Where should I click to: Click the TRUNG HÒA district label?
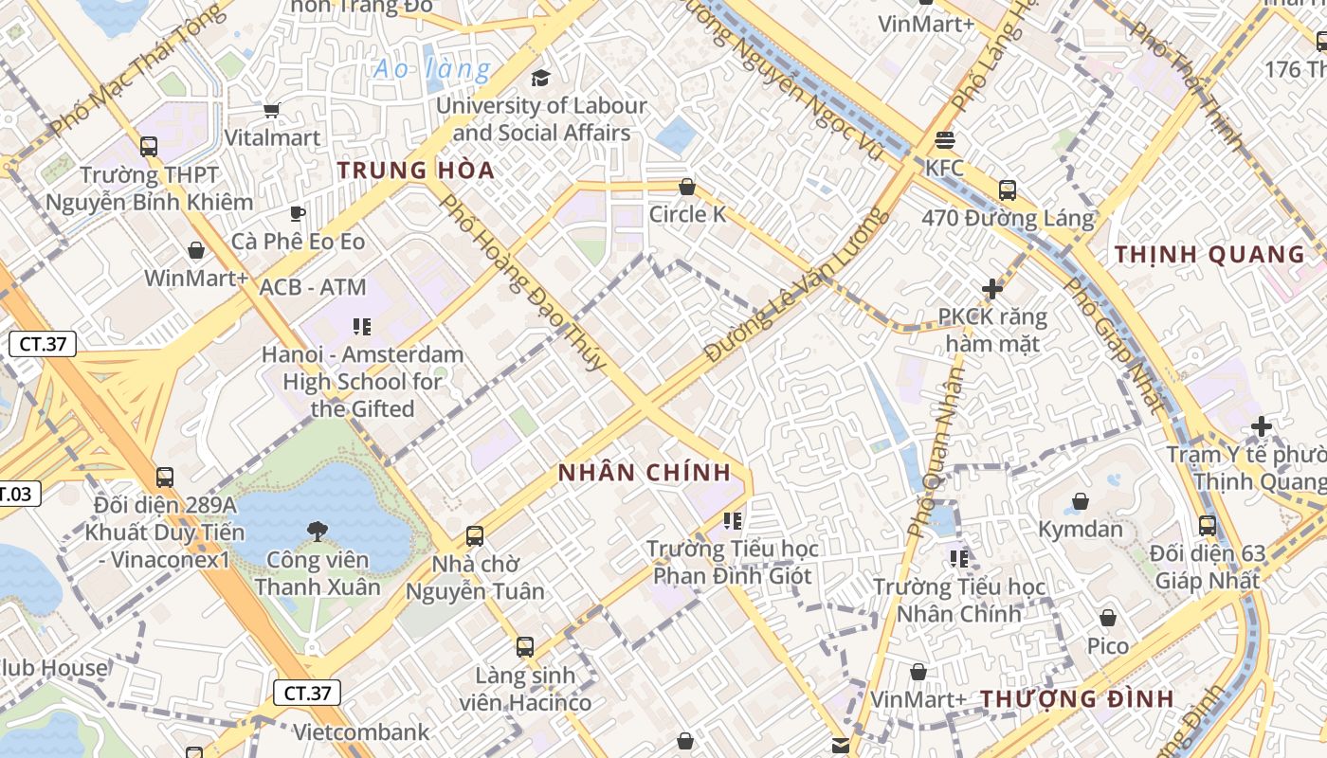click(416, 171)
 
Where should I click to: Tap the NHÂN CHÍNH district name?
click(645, 473)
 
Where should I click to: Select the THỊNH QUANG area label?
click(1209, 254)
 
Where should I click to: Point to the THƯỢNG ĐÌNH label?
click(1077, 699)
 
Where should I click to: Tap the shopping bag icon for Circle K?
click(687, 188)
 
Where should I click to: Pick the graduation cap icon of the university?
click(540, 78)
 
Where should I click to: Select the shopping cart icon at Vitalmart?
click(272, 111)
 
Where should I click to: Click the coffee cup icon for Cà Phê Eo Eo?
click(298, 213)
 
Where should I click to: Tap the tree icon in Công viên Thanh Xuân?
click(317, 532)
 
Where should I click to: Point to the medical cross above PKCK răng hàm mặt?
click(992, 288)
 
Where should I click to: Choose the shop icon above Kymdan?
click(1080, 501)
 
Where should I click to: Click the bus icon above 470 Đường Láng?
click(1008, 190)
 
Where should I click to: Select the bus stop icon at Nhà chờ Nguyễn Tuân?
click(475, 536)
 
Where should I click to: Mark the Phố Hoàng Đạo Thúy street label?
click(522, 282)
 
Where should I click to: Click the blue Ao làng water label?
click(432, 69)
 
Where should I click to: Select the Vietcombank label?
click(360, 732)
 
